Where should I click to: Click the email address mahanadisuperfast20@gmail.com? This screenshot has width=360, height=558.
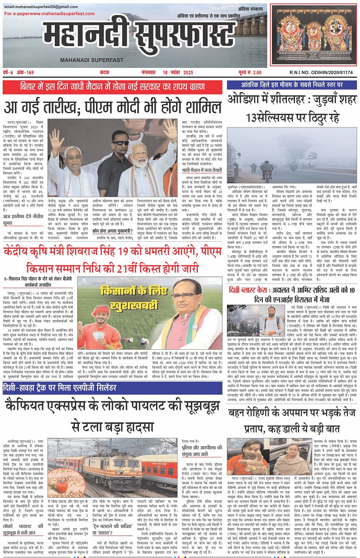(41, 7)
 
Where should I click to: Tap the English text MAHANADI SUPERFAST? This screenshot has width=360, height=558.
(91, 60)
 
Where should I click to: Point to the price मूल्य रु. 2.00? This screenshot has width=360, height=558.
(250, 72)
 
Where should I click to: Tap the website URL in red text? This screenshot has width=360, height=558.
(50, 14)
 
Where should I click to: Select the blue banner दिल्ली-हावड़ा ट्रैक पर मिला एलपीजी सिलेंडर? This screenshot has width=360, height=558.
(59, 388)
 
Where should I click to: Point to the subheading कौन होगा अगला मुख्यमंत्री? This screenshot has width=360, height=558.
(112, 231)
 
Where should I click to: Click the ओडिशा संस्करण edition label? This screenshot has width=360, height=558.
(250, 9)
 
